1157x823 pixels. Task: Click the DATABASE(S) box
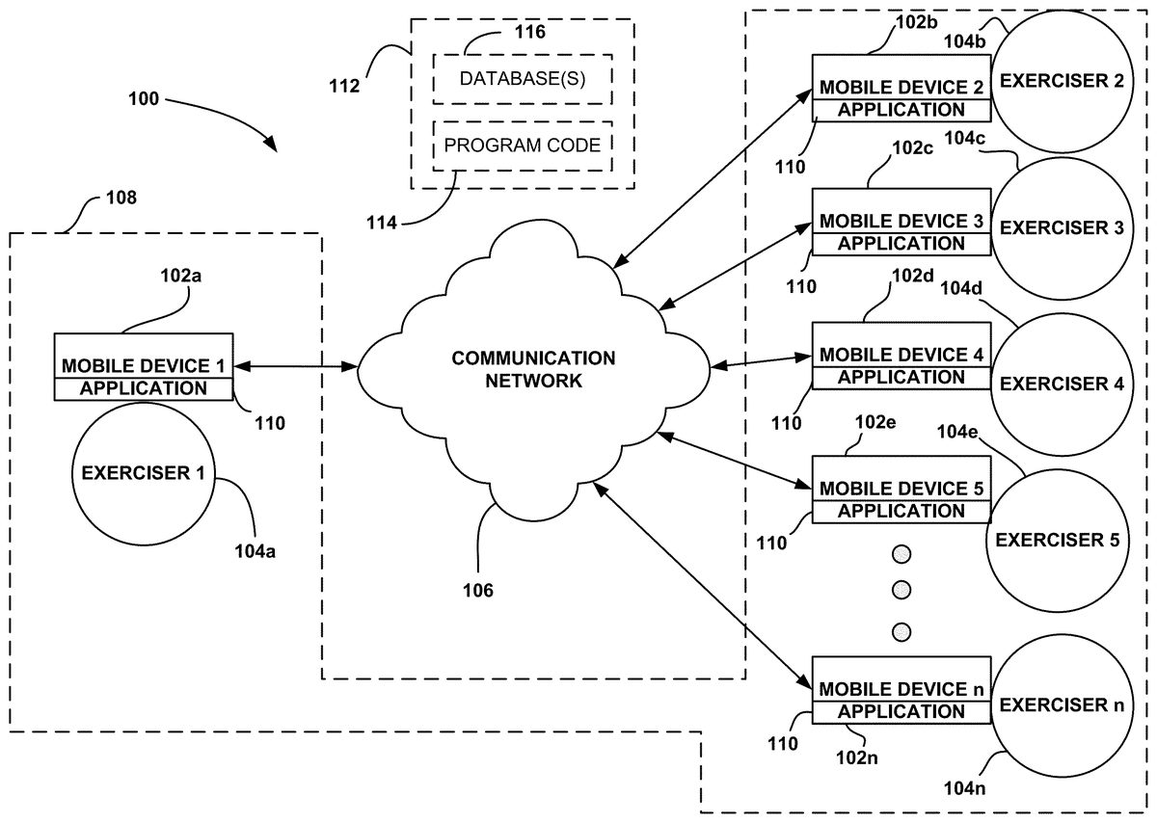(522, 78)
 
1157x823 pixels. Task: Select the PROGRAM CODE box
(522, 146)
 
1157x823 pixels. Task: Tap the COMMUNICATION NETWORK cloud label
(533, 369)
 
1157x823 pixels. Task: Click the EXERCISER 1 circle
(144, 473)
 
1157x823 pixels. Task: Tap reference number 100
(145, 99)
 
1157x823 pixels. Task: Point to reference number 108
(120, 199)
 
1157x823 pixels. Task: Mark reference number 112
(343, 86)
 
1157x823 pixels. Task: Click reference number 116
(528, 32)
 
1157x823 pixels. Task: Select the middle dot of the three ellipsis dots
(901, 593)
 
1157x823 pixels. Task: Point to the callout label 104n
(964, 790)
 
